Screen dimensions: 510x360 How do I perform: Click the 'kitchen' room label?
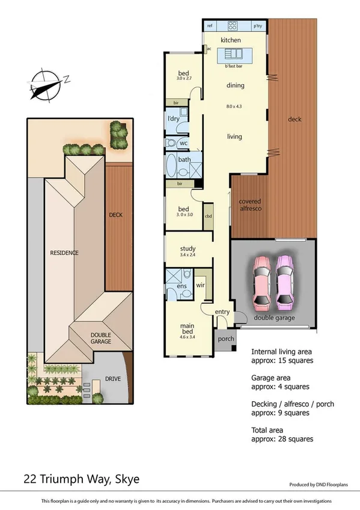[231, 40]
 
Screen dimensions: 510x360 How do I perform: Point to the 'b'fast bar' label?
[234, 66]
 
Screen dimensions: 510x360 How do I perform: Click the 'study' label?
[188, 249]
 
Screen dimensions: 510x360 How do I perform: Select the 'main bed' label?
[188, 330]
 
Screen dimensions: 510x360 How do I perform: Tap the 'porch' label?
[226, 339]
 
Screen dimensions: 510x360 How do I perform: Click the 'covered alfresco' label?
[249, 204]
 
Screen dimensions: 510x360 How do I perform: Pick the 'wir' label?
[201, 286]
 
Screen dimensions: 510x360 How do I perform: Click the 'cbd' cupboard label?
[209, 216]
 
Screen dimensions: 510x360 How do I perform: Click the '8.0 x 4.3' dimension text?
[234, 106]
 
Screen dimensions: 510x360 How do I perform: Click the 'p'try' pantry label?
[257, 26]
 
